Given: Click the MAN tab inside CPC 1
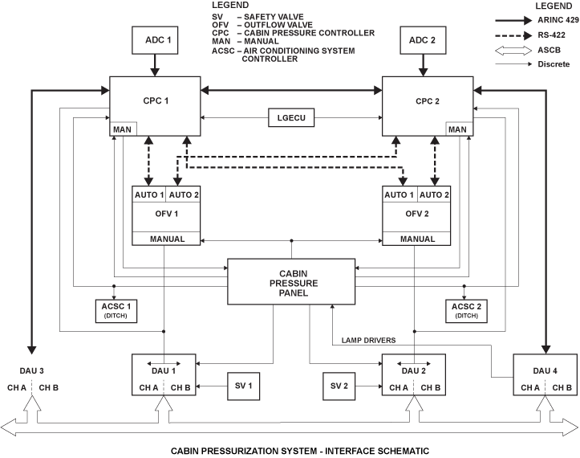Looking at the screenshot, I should [x=124, y=129].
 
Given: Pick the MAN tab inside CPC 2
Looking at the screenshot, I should [x=457, y=129].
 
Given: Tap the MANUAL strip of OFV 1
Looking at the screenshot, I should [x=168, y=239].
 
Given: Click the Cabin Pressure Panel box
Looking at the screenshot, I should [x=290, y=281].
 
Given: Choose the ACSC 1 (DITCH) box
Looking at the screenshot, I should [x=116, y=309].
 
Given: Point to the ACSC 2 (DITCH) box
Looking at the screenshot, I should [x=467, y=309].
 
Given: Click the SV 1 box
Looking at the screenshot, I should [x=243, y=386].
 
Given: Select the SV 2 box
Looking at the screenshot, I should [x=339, y=386].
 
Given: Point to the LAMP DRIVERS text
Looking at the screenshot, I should [x=367, y=340].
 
